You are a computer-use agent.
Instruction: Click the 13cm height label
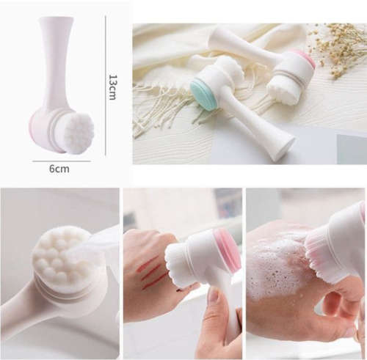click(112, 87)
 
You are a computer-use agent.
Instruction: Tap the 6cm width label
click(59, 169)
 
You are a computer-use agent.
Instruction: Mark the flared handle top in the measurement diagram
click(57, 26)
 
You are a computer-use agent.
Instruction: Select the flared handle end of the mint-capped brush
click(279, 147)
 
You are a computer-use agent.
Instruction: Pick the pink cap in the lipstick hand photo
click(228, 249)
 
